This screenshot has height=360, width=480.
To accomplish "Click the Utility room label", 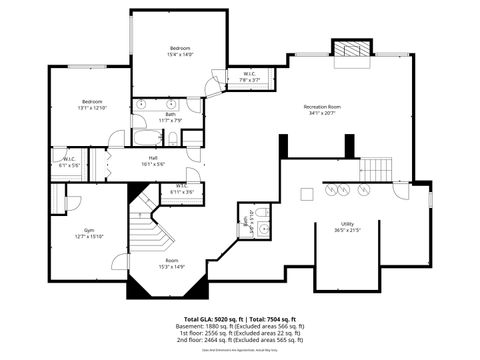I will pyautogui.click(x=347, y=223).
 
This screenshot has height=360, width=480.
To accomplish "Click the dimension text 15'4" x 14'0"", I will pyautogui.click(x=180, y=55).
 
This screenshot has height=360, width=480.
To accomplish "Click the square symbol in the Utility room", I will pyautogui.click(x=308, y=193).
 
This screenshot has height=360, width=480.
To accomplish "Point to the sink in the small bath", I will pyautogui.click(x=261, y=229).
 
